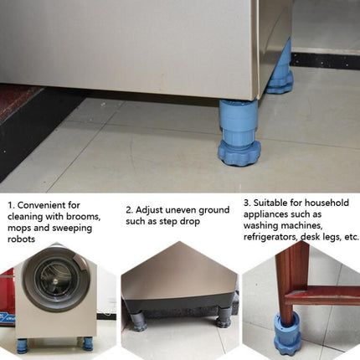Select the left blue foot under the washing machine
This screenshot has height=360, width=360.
(23, 344)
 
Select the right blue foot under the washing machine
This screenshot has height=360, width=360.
(86, 342)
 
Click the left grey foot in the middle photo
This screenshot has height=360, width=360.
(137, 321)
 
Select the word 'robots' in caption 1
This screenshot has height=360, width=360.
(23, 239)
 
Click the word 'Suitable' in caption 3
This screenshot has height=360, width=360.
(272, 202)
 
